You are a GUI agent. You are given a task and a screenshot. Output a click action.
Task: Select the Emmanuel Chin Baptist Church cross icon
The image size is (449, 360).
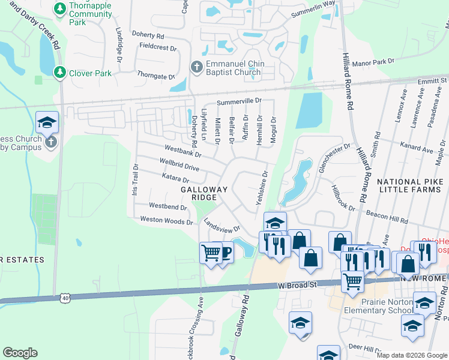pyautogui.click(x=196, y=67)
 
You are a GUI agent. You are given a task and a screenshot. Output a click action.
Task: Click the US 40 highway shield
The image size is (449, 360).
pyautogui.click(x=65, y=297)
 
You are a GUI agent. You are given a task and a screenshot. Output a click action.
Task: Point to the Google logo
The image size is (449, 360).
pyautogui.click(x=20, y=353)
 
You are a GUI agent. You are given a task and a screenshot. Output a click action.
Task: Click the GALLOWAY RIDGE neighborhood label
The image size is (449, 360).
pyautogui.click(x=204, y=193)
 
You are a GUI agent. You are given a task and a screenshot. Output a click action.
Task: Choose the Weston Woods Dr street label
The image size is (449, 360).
pyautogui.click(x=166, y=220)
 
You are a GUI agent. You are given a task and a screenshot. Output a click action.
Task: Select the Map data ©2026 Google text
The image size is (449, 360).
pyautogui.click(x=412, y=355)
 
